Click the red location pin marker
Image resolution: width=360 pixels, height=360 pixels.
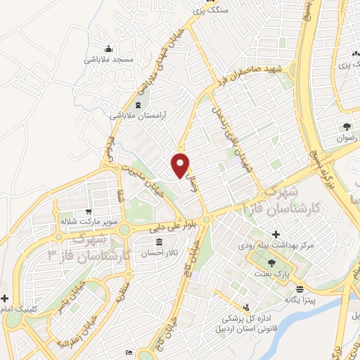click(x=181, y=165)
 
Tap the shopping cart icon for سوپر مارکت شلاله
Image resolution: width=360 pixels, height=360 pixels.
click(x=88, y=211)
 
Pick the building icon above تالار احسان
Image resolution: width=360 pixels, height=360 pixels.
click(x=158, y=243)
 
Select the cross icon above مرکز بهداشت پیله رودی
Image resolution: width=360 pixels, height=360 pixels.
click(x=275, y=233)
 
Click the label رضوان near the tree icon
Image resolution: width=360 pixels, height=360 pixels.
click(x=347, y=139)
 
